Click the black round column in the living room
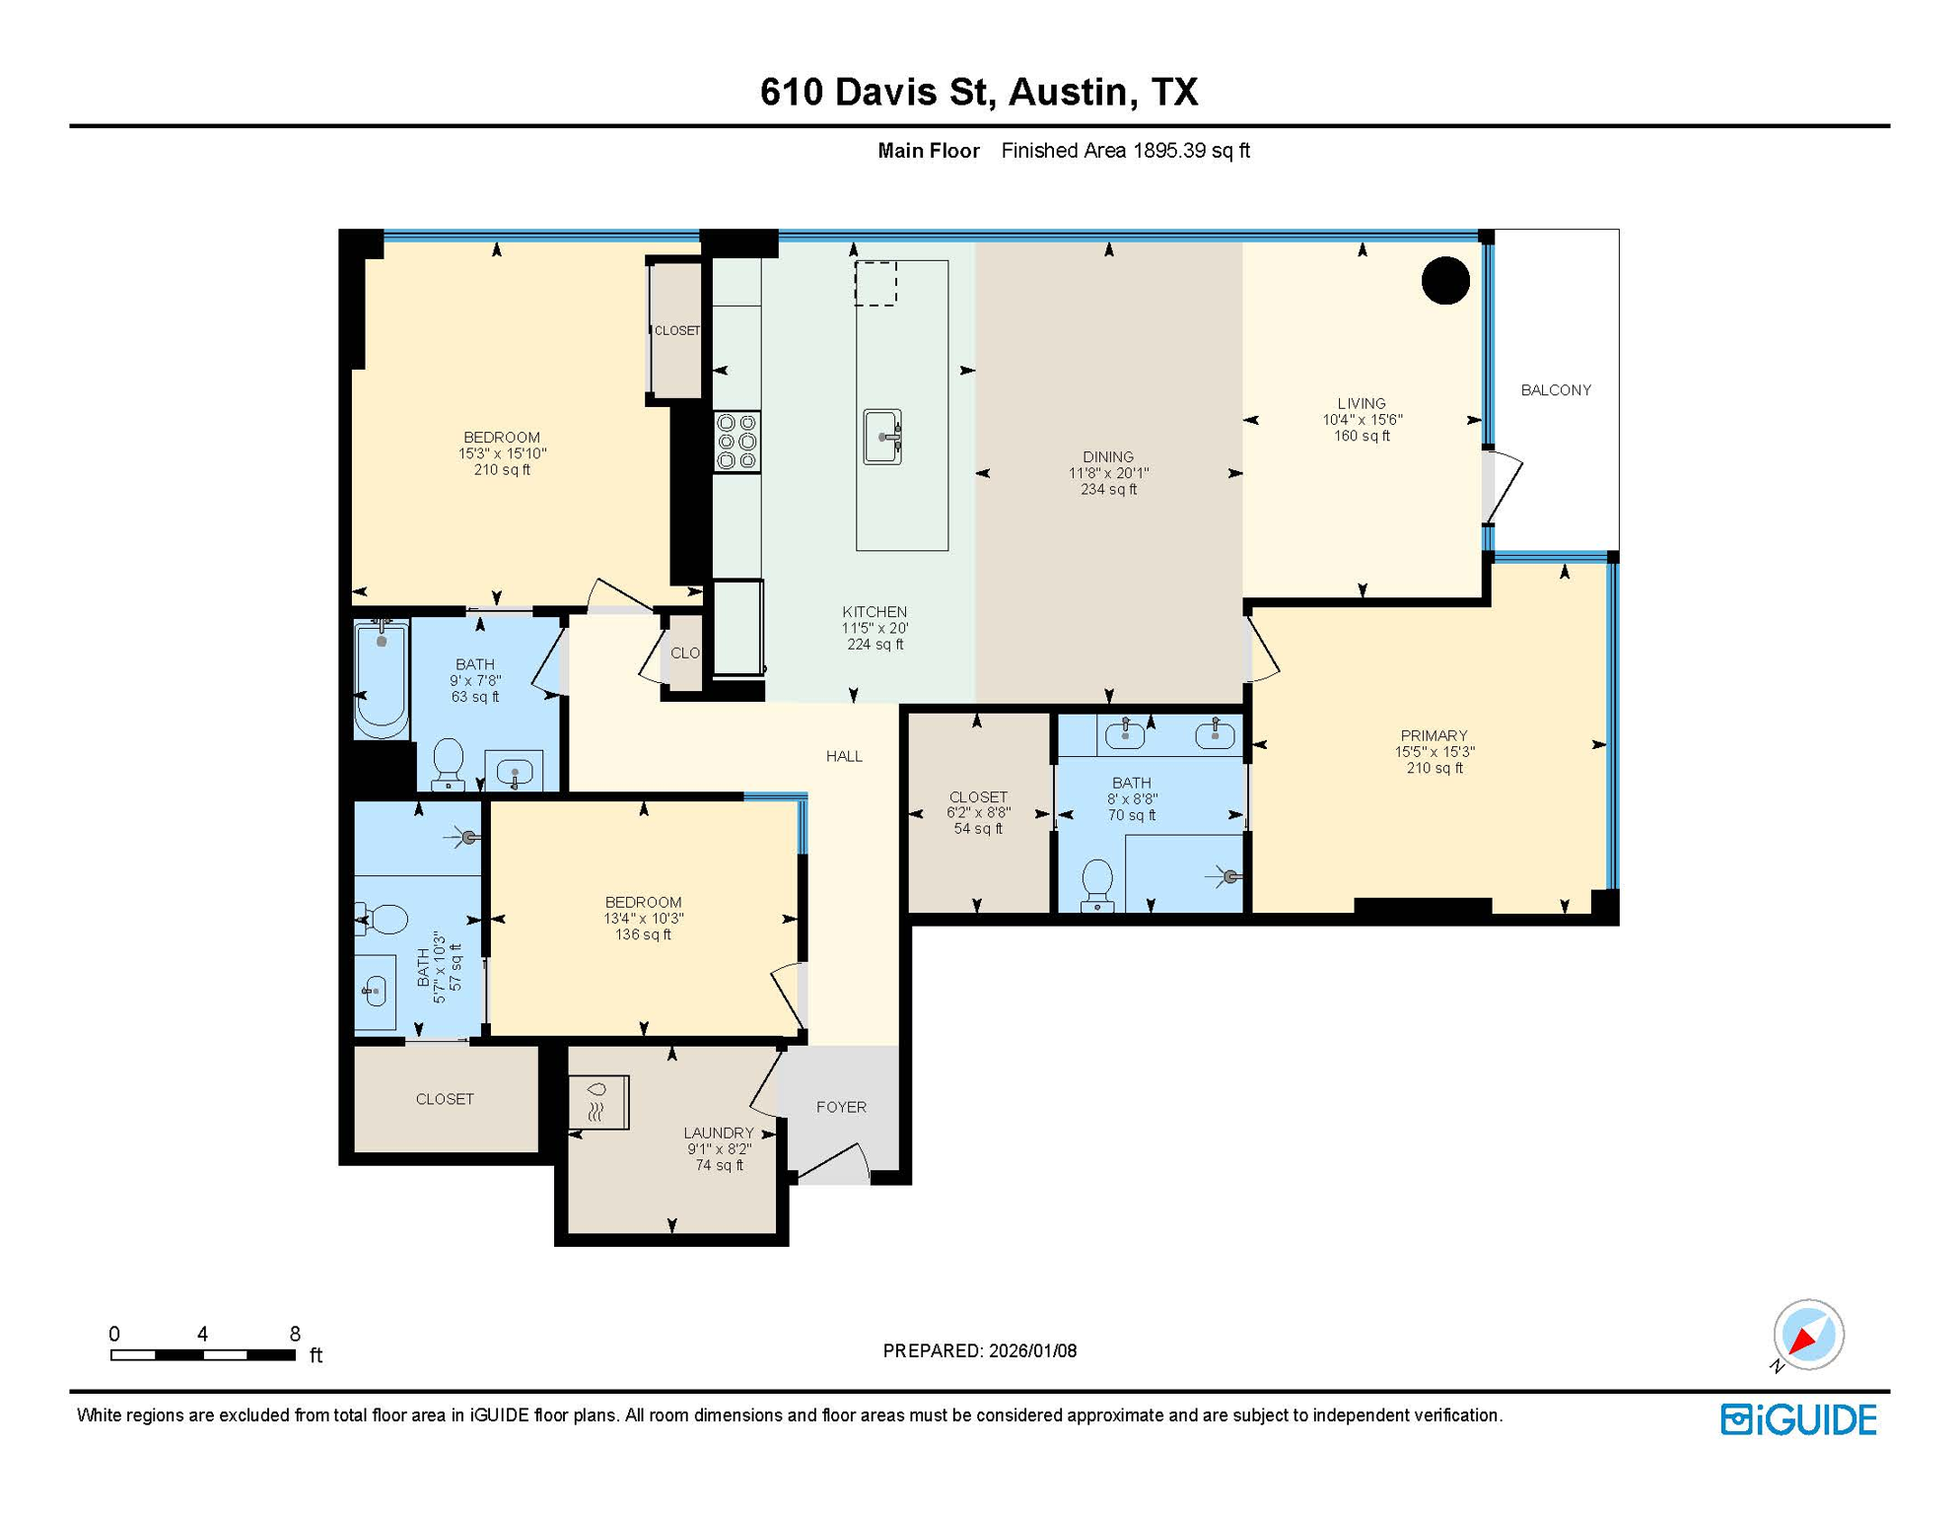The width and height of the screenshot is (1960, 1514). [1445, 281]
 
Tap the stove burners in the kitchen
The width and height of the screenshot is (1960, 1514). [736, 442]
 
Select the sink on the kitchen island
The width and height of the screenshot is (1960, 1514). [882, 437]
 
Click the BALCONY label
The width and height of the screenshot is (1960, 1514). [1555, 390]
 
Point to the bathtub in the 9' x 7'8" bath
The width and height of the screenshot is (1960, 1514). [382, 680]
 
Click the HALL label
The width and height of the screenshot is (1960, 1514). [844, 756]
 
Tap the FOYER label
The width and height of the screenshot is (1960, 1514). [841, 1107]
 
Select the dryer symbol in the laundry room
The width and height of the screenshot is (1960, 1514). [598, 1102]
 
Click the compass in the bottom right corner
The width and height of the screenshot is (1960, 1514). [1807, 1335]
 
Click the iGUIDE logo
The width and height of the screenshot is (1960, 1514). [1798, 1419]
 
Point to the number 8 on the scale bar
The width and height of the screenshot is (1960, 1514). [295, 1334]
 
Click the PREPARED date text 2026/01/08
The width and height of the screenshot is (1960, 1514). [1030, 1350]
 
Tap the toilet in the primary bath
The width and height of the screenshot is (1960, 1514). [1097, 884]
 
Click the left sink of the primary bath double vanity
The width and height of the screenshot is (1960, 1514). [1125, 734]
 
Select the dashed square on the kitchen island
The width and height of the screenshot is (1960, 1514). [875, 284]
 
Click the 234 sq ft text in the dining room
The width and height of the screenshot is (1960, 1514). [1108, 489]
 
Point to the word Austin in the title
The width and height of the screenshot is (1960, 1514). [1067, 92]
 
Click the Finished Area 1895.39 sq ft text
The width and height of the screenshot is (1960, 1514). [1125, 151]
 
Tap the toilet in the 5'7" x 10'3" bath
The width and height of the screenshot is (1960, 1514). [384, 920]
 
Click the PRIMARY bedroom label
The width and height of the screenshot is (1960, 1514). [1433, 735]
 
